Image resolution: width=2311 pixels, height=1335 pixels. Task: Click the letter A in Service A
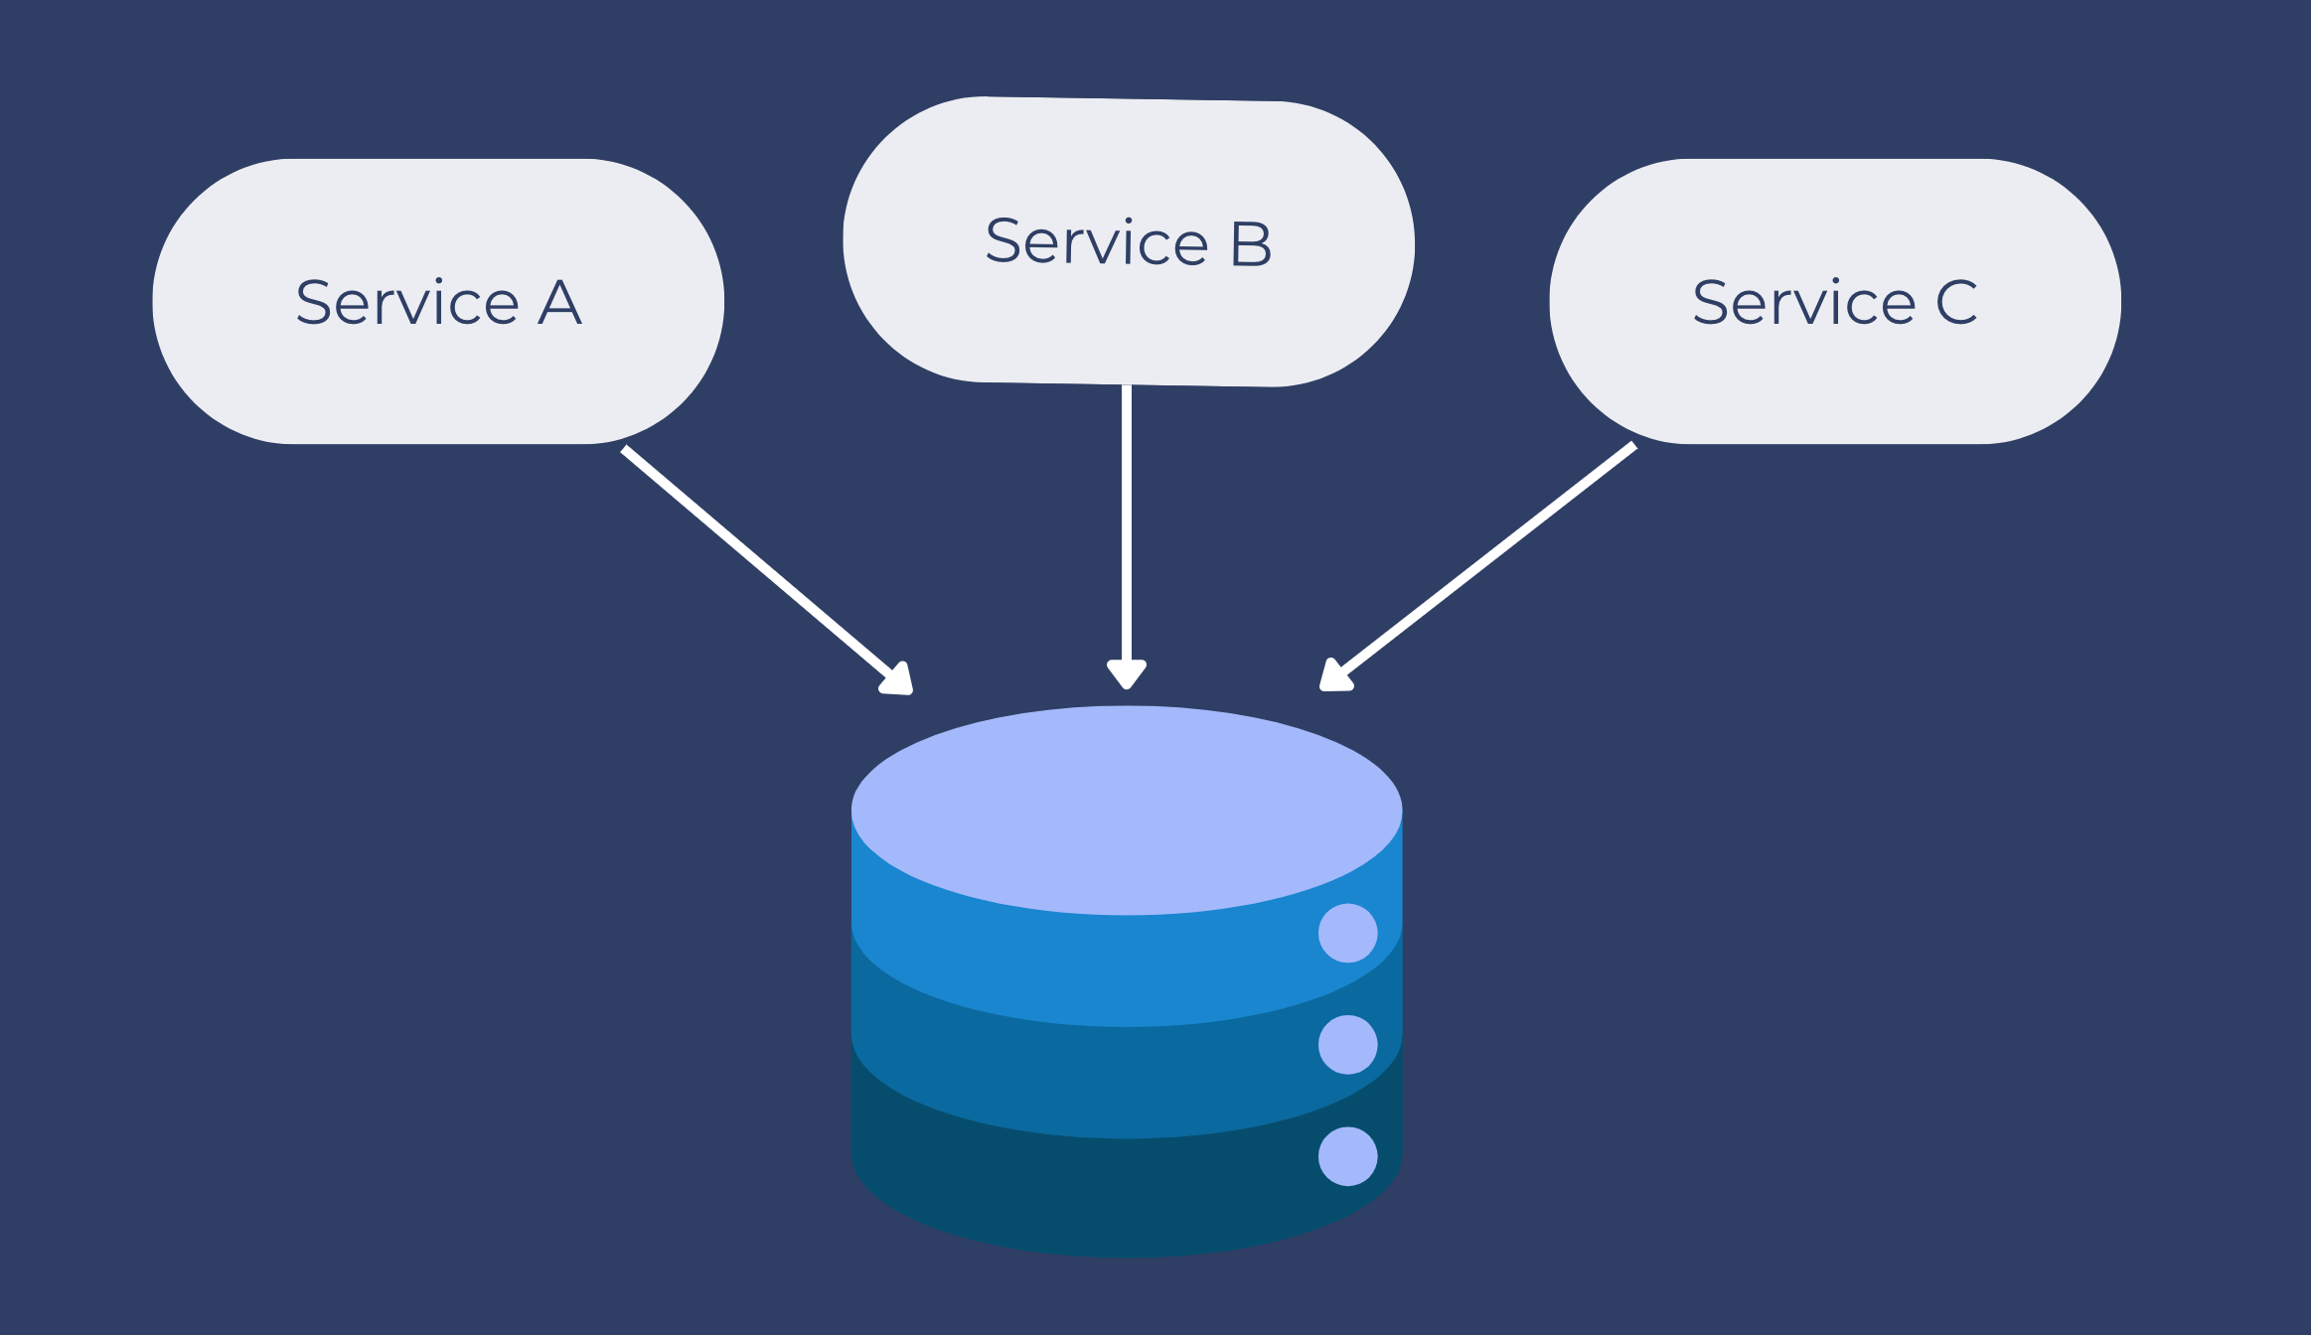(x=559, y=302)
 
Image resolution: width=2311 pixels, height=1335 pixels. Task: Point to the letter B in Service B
(x=1251, y=243)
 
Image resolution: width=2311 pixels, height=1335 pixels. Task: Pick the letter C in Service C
(x=1956, y=302)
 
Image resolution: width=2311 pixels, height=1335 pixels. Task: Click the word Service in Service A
(x=407, y=302)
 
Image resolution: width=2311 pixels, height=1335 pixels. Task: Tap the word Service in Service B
(x=1097, y=242)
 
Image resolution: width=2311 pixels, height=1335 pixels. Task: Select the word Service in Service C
(x=1804, y=302)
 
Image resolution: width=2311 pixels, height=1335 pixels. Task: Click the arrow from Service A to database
(x=755, y=561)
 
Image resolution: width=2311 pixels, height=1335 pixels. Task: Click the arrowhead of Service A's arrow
(x=898, y=679)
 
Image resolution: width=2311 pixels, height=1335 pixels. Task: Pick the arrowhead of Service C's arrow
(x=1333, y=676)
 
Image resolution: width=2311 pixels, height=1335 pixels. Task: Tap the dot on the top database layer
(x=1347, y=933)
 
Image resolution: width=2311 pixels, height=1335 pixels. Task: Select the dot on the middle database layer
(x=1347, y=1044)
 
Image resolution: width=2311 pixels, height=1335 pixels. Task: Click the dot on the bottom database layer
(x=1347, y=1156)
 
